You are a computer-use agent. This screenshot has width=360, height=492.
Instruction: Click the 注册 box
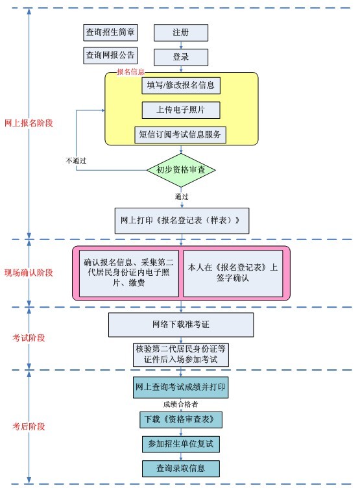tap(181, 32)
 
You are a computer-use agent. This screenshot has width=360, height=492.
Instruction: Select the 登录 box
tap(181, 57)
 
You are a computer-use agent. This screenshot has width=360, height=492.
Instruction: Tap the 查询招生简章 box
tap(110, 32)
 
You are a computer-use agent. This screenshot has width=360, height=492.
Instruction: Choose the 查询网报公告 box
tap(110, 56)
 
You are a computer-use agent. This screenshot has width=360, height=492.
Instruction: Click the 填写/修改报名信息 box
tap(181, 85)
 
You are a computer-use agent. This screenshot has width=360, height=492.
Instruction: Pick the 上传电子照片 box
tap(181, 110)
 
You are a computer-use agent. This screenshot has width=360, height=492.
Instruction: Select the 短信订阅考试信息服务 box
tap(180, 135)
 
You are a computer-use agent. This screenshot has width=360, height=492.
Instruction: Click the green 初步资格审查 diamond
tap(181, 170)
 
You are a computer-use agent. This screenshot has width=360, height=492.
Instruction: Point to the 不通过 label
tap(76, 161)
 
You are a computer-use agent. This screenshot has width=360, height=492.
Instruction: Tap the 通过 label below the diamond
tap(182, 197)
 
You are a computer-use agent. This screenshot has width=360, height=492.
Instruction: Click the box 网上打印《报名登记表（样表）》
tap(182, 221)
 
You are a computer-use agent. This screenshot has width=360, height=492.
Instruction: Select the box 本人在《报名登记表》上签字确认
tap(233, 273)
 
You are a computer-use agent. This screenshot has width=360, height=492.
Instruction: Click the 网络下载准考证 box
tap(181, 325)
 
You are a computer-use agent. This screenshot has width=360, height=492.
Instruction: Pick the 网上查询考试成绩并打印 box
tap(180, 387)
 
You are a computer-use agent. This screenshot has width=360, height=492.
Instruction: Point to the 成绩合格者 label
tap(180, 404)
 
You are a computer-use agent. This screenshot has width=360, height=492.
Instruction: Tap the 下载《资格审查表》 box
tap(181, 420)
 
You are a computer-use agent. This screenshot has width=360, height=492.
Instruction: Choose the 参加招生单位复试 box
tap(181, 444)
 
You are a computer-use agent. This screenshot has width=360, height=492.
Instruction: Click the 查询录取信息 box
tap(181, 469)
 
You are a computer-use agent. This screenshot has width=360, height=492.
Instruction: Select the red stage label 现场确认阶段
tap(29, 273)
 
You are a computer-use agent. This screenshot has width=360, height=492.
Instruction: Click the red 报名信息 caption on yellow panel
tap(131, 72)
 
